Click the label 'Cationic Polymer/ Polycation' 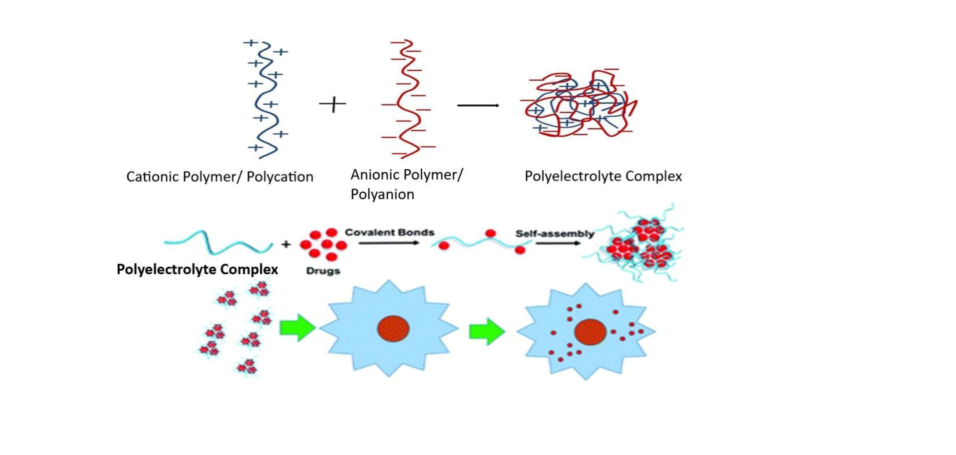click(x=220, y=177)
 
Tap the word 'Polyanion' click(x=382, y=194)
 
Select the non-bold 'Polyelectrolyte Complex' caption click(x=603, y=176)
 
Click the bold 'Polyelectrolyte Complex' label click(x=197, y=269)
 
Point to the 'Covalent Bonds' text click(x=390, y=232)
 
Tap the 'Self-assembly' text click(x=554, y=234)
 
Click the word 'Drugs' click(x=323, y=271)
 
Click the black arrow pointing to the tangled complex click(x=478, y=105)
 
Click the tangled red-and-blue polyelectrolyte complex click(x=579, y=103)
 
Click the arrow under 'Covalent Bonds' click(x=388, y=243)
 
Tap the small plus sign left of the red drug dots click(x=286, y=244)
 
